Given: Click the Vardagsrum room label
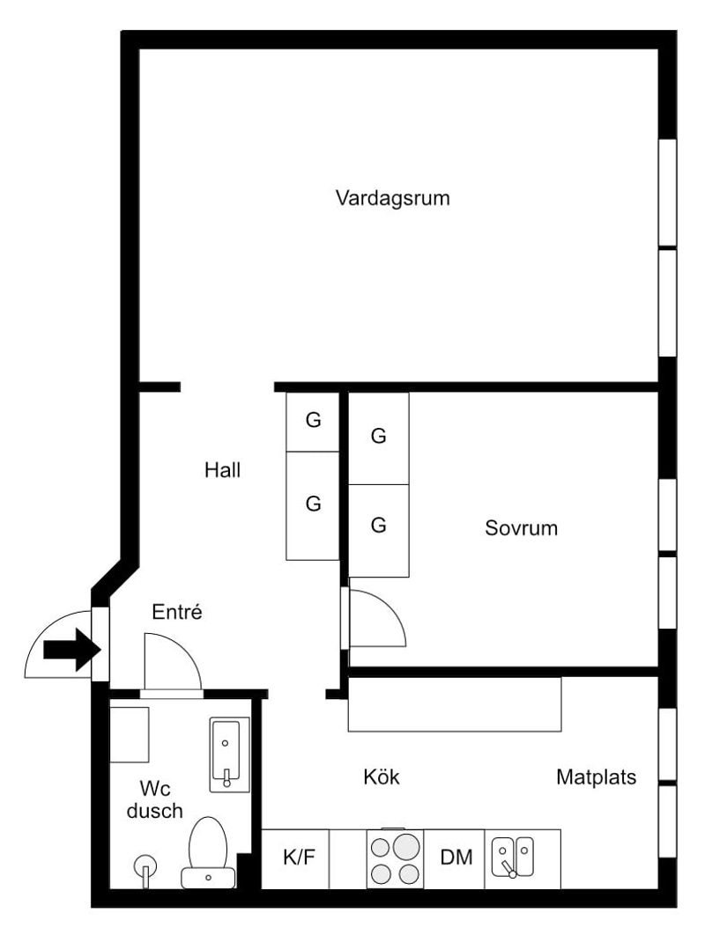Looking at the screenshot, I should point(392,197).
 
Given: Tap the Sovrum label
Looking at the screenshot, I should point(521,528).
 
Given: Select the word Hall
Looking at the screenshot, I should point(222,470).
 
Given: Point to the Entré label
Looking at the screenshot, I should point(177,612).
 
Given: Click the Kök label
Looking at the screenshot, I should point(382,777).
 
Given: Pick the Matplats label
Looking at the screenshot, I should point(596,777).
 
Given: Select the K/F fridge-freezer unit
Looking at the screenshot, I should point(299,858).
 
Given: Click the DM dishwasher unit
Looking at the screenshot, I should point(456,858).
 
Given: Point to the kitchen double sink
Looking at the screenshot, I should point(512,856).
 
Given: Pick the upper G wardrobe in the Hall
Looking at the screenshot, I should point(313,421).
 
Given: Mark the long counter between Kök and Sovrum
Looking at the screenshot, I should point(455,704).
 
